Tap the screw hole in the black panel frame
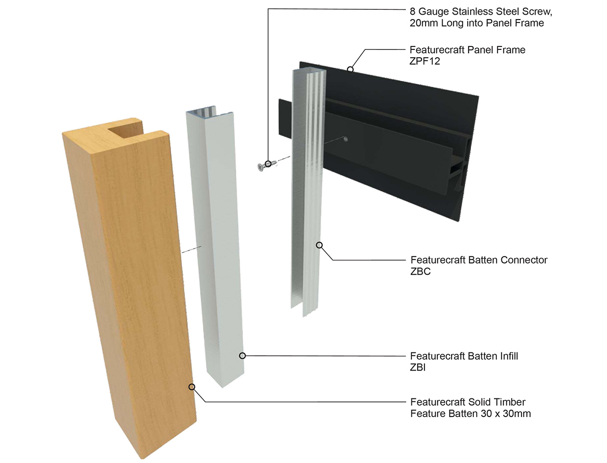346,139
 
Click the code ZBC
420,272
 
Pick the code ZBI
417,368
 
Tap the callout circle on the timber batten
192,387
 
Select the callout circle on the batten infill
242,356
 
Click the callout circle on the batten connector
319,245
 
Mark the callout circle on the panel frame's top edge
350,69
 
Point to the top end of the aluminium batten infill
203,114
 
